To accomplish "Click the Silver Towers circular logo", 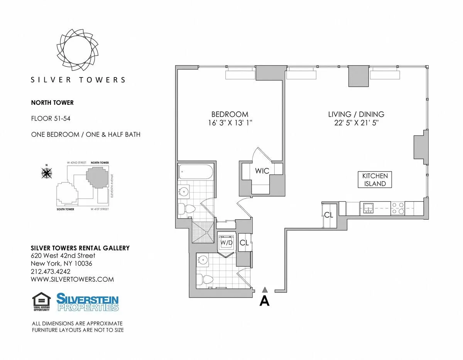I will tap(78, 49).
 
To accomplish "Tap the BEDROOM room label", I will tap(230, 114).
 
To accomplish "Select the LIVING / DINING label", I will tap(356, 114).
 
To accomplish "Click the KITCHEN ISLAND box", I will tap(375, 180).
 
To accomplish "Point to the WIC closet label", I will tap(262, 171).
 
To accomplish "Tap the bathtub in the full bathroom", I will tap(195, 172).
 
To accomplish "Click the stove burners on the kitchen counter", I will tap(397, 209).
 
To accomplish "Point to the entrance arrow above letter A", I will tap(264, 289).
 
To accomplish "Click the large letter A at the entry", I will tap(264, 301).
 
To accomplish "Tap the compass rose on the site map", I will tap(47, 173).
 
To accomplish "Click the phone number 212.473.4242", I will tap(50, 271).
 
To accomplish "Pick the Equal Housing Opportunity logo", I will tap(42, 302).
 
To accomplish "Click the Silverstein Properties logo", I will tap(88, 302).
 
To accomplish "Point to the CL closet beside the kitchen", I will tap(329, 215).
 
